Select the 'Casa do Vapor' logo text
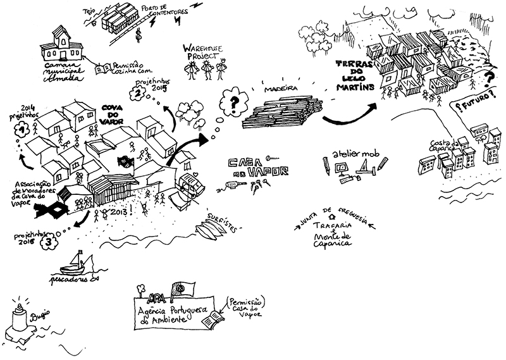pos(254,165)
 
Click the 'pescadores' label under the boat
pos(68,278)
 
